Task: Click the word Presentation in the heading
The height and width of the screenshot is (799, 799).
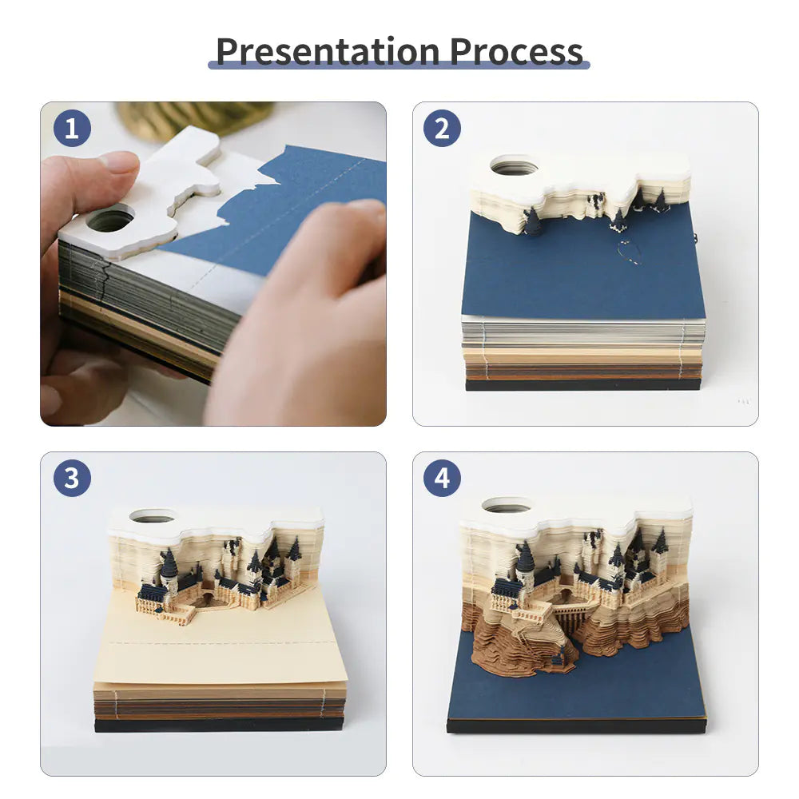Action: point(328,50)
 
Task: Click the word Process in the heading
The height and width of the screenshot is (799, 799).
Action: point(516,50)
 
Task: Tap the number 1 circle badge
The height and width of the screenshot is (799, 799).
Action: point(72,129)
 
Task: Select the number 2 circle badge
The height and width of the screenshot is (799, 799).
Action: point(442,129)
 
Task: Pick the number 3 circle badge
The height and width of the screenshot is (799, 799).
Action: point(72,479)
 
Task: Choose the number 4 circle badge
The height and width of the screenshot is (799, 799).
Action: point(442,479)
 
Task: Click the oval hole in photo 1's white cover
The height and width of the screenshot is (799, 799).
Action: point(110,220)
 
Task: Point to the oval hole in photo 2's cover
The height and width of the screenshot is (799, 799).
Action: point(514,167)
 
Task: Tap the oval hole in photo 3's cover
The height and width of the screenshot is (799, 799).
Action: point(152,516)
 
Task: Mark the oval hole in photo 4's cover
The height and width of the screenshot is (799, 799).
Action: point(507,506)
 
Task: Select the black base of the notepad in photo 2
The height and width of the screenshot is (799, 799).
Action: point(583,385)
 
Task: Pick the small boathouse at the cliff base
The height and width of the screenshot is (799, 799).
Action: point(564,656)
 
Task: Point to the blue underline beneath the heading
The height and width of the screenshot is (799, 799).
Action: point(399,65)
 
